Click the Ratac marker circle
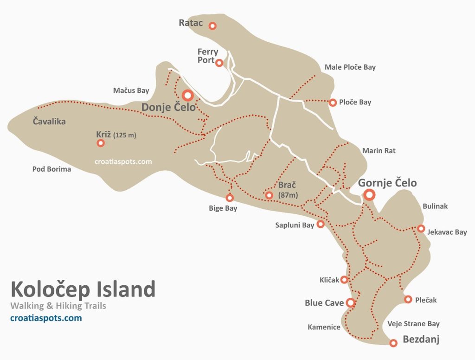pyautogui.click(x=212, y=26)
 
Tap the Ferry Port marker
pyautogui.click(x=219, y=63)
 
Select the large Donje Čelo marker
pyautogui.click(x=187, y=96)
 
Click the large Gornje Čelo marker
pyautogui.click(x=369, y=195)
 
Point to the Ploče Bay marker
pyautogui.click(x=333, y=103)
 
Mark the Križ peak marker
pyautogui.click(x=101, y=143)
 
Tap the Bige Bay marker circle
pyautogui.click(x=230, y=198)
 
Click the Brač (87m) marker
pyautogui.click(x=269, y=195)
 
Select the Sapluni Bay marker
pyautogui.click(x=320, y=225)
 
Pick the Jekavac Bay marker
pyautogui.click(x=421, y=228)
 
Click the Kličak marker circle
pyautogui.click(x=344, y=280)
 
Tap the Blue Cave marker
pyautogui.click(x=350, y=303)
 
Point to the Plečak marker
pyautogui.click(x=408, y=300)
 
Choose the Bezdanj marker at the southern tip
pyautogui.click(x=393, y=343)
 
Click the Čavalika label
pyautogui.click(x=49, y=122)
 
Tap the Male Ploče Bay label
pyautogui.click(x=350, y=67)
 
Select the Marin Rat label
pyautogui.click(x=379, y=151)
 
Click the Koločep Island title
pyautogui.click(x=83, y=289)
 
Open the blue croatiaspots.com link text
pyautogui.click(x=46, y=318)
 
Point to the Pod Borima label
pyautogui.click(x=51, y=169)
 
